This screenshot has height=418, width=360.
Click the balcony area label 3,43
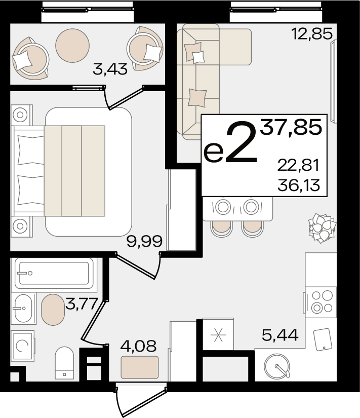[x=110, y=69]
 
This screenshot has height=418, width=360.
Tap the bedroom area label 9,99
[x=144, y=241]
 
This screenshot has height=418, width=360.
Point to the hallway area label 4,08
[x=138, y=346]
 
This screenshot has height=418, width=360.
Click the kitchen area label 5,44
[x=280, y=335]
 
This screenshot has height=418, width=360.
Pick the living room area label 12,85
[x=312, y=34]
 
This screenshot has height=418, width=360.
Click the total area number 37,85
[x=291, y=127]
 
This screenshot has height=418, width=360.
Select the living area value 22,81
[x=298, y=165]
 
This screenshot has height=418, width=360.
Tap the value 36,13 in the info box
[x=298, y=185]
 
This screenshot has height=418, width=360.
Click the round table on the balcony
[x=72, y=46]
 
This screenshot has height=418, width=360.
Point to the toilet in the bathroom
[x=64, y=363]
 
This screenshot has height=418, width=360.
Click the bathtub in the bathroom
[x=54, y=273]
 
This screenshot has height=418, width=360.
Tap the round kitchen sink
[x=277, y=366]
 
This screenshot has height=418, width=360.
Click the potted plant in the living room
[x=322, y=228]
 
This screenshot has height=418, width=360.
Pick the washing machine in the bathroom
[x=23, y=346]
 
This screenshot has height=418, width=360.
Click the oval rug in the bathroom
[x=53, y=310]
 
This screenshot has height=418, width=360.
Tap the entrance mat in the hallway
[x=140, y=367]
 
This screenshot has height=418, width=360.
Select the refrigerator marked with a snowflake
[x=218, y=334]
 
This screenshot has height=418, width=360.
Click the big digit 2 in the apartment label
[x=241, y=141]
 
